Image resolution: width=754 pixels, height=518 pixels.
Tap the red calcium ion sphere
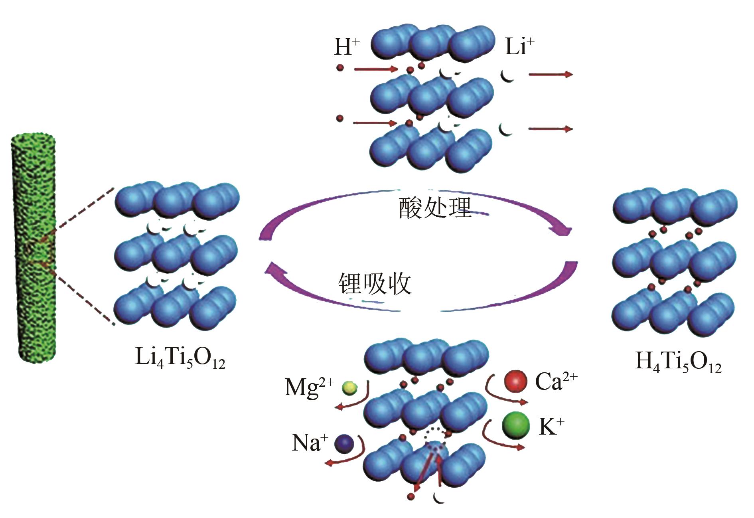(x=516, y=381)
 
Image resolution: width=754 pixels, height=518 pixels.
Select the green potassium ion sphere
(x=516, y=426)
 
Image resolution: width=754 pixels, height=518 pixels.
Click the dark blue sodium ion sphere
(x=344, y=443)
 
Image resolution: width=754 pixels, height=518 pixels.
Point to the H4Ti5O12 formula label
(x=678, y=362)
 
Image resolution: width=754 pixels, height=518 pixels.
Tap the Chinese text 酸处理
(x=435, y=208)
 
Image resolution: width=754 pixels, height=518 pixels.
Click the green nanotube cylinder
(x=35, y=247)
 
